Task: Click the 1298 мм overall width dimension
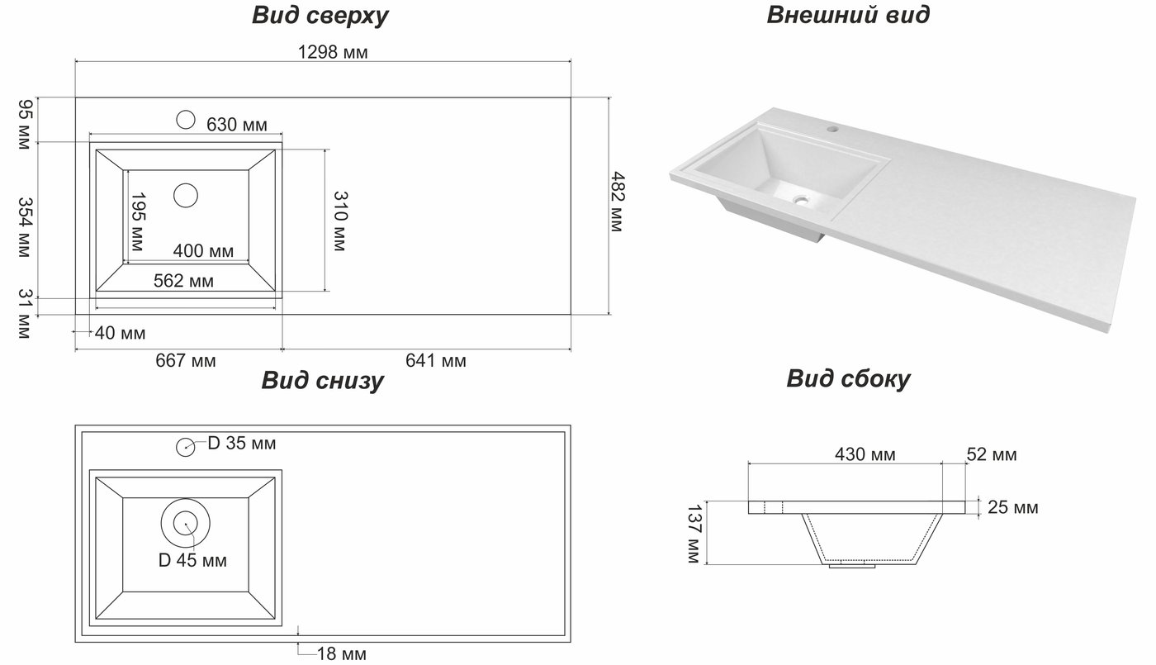point(333,52)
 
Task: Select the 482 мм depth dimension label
point(618,202)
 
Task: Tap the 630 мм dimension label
point(237,125)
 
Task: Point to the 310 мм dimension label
point(340,221)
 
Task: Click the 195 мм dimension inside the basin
point(138,222)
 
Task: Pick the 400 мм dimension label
point(203,251)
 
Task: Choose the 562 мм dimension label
point(183,280)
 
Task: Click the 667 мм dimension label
point(186,360)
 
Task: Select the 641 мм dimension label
point(436,360)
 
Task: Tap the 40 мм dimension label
point(121,333)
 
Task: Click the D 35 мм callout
point(242,443)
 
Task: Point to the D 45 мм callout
point(192,560)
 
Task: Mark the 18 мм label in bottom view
point(342,653)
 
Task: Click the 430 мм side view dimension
point(865,454)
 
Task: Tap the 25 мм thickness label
point(1013,507)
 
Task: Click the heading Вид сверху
point(320,16)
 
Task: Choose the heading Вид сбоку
point(849,379)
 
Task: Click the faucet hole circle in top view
point(186,120)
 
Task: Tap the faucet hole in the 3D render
point(832,127)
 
